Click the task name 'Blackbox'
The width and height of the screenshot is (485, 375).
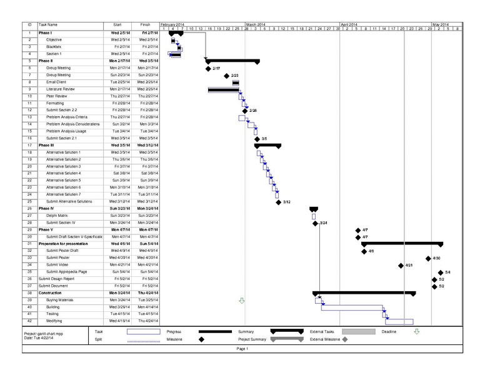(54, 47)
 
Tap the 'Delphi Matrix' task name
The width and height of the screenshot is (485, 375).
(56, 214)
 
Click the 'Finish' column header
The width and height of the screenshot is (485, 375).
(145, 24)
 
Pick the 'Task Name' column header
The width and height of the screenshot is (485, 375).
(48, 24)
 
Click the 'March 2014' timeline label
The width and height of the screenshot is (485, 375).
(256, 24)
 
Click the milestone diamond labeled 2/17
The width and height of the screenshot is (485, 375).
(208, 68)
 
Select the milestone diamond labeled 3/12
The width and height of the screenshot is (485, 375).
(278, 202)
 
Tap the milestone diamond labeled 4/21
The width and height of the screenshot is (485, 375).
(401, 265)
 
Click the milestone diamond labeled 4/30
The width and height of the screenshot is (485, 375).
(429, 258)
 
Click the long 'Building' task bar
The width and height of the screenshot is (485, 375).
(351, 307)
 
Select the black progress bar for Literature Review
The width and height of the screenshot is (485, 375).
(223, 89)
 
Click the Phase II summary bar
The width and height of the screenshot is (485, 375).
(232, 61)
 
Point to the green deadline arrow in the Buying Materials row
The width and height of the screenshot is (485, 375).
(242, 300)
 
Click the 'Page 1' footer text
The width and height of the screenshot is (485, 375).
(242, 349)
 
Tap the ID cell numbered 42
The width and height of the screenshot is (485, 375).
(29, 321)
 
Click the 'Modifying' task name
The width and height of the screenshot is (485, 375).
(54, 321)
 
